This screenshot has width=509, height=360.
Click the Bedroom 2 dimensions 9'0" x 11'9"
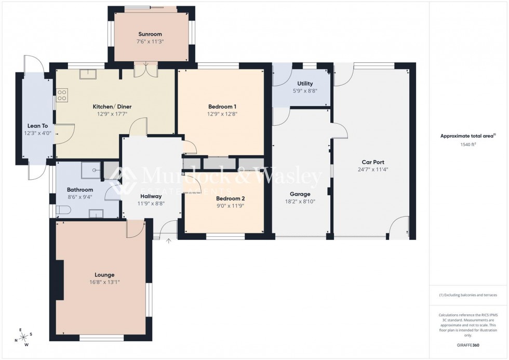point(230,206)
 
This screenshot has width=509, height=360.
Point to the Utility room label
point(305,84)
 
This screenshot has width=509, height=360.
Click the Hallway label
point(150,196)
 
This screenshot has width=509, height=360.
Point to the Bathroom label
point(80,190)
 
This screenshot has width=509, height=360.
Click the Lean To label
point(37,126)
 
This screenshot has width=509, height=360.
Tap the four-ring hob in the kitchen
point(62,95)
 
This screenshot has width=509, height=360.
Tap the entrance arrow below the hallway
point(168,241)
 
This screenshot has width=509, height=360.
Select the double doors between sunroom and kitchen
point(145,70)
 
